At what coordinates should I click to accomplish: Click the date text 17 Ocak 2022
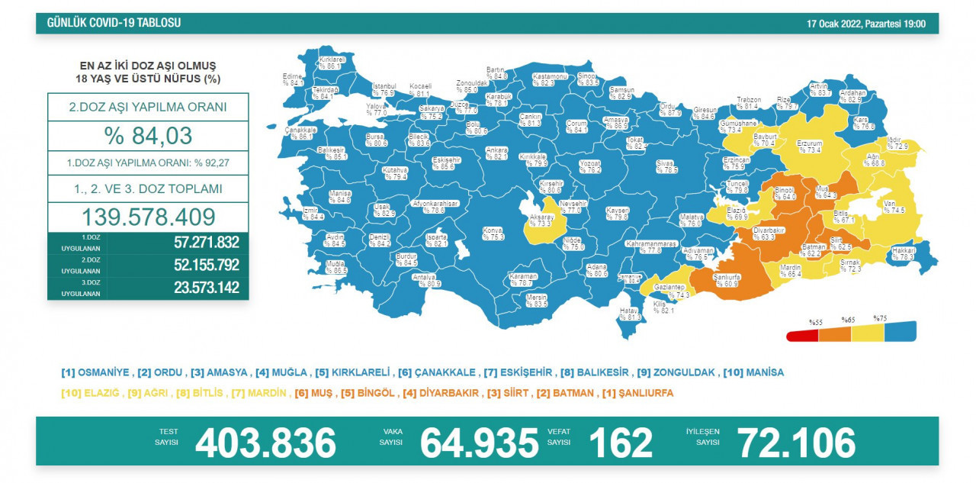coord(834,24)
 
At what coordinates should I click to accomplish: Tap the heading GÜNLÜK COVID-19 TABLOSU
coord(114,23)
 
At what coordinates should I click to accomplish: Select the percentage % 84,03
coord(147,136)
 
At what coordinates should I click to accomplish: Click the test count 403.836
coord(265,443)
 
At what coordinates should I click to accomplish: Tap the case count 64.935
coord(479,443)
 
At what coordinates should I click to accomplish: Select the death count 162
coord(621,443)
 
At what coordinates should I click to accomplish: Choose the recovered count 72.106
coord(795,443)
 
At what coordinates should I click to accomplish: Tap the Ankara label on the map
coord(496,153)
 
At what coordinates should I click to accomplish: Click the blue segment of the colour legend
coord(901,332)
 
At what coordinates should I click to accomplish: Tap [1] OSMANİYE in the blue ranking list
coord(95,373)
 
